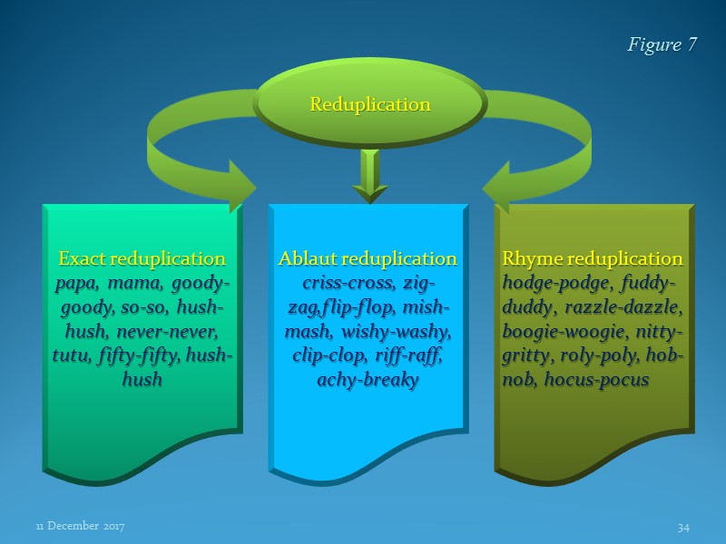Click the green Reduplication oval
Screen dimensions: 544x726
(x=369, y=104)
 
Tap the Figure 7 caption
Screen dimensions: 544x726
(x=662, y=45)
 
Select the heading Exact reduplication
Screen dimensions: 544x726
(x=142, y=258)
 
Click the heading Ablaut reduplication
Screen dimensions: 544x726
(x=368, y=258)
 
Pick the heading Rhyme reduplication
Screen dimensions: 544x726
(x=593, y=258)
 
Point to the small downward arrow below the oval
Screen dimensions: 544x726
(x=368, y=177)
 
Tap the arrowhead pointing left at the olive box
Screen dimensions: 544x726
(x=496, y=189)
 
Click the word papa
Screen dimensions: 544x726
(x=75, y=283)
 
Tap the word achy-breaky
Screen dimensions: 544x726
(x=368, y=380)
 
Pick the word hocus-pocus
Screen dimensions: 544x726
(x=596, y=380)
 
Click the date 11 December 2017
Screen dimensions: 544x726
(x=80, y=527)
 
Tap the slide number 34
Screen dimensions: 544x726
(x=683, y=527)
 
